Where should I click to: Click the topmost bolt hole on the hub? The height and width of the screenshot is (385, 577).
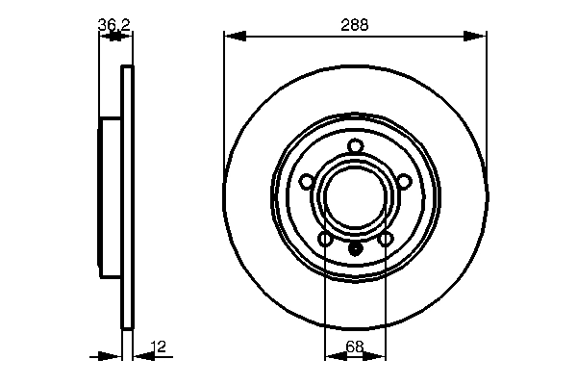coord(355,145)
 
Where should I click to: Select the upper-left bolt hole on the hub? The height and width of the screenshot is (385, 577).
coord(307,180)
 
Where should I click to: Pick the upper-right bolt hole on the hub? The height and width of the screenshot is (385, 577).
coord(404,180)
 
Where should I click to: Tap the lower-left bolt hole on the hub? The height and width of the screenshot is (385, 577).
coord(325,238)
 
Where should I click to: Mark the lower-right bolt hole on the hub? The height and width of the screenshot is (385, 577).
coord(386,238)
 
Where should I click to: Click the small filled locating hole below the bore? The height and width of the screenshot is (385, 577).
coord(355,248)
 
